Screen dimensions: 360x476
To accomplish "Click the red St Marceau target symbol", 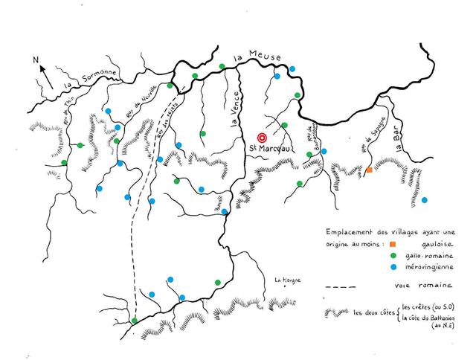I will (261, 138).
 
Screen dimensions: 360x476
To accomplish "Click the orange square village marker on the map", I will (368, 170).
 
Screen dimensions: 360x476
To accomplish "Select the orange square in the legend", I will (392, 243).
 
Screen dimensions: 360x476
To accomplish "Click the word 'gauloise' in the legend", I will (429, 243).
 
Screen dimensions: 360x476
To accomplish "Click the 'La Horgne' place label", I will (286, 280).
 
